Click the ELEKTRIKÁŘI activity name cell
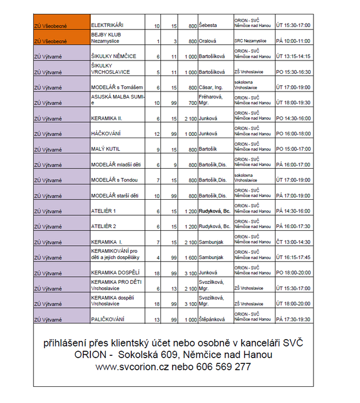pos(108,26)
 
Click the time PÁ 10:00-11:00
pos(293,41)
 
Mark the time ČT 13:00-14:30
pos(293,242)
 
